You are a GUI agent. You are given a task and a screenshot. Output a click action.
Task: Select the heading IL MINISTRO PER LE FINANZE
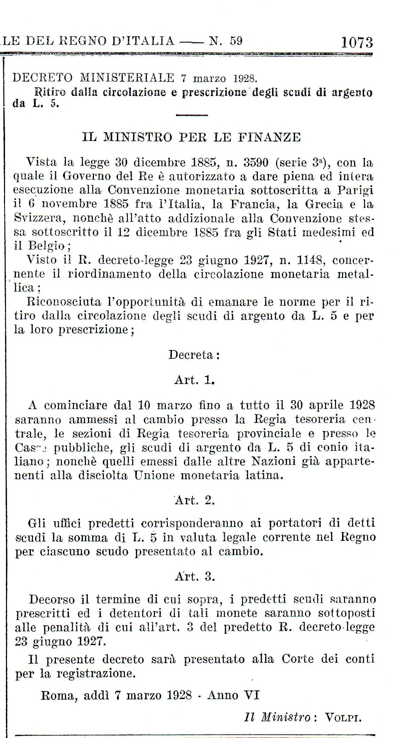click(x=191, y=137)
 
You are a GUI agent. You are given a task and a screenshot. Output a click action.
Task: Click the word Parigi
click(x=355, y=190)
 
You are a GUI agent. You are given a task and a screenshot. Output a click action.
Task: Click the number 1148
click(x=306, y=259)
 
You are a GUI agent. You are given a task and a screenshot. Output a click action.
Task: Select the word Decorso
click(x=52, y=599)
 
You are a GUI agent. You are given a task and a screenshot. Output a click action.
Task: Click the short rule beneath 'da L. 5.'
click(x=191, y=115)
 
